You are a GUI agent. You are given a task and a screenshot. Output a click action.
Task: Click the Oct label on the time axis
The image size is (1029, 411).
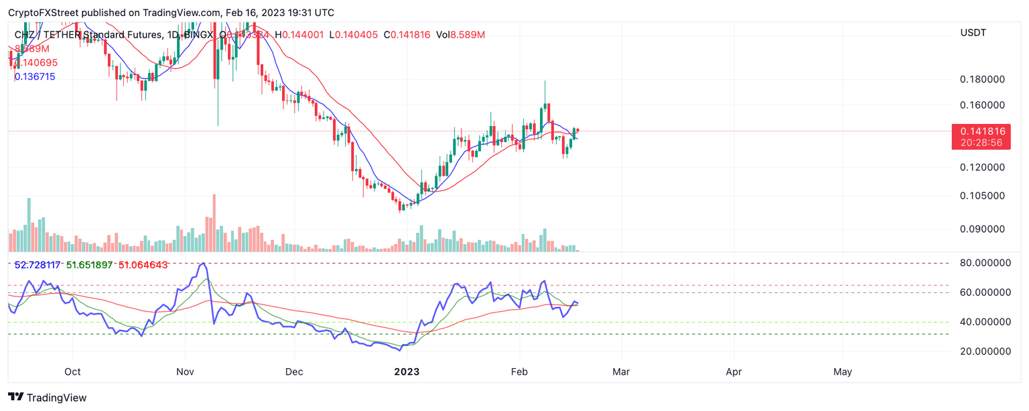[x=72, y=371]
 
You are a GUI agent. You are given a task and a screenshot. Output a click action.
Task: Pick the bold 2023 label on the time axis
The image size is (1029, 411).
[x=407, y=371]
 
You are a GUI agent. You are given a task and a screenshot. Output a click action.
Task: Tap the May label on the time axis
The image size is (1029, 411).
[x=842, y=371]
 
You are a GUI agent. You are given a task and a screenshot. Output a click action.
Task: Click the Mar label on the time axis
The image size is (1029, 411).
[x=621, y=371]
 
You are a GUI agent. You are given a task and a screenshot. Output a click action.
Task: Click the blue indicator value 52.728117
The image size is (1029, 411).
[x=38, y=265]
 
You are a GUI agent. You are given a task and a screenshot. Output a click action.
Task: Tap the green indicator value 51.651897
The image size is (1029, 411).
[x=91, y=265]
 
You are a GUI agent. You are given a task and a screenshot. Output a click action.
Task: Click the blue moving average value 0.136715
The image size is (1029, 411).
[x=35, y=77]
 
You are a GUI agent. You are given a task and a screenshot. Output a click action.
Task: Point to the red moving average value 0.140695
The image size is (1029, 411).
[x=35, y=62]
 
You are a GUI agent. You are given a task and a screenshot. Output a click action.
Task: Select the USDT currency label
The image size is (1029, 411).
[x=973, y=33]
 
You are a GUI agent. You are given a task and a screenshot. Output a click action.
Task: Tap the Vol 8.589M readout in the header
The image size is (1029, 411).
[x=460, y=34]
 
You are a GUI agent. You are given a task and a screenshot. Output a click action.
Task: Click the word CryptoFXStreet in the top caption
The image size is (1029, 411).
[x=41, y=13]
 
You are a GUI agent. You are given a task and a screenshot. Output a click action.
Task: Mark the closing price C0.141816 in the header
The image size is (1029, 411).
[x=407, y=34]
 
